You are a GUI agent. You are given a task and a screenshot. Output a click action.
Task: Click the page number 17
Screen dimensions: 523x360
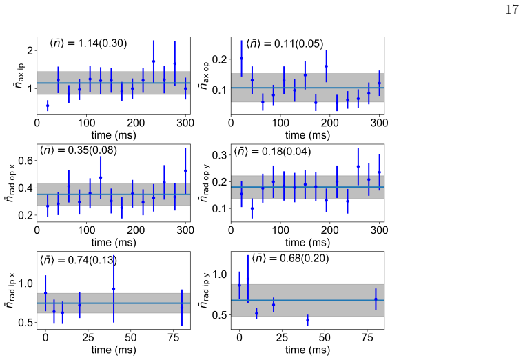[512, 10]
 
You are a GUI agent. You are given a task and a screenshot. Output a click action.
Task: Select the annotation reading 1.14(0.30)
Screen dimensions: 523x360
[103, 43]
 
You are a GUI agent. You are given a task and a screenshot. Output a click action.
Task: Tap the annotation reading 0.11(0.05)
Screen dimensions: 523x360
[298, 43]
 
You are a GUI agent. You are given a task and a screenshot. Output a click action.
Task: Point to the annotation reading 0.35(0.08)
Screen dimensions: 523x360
[92, 150]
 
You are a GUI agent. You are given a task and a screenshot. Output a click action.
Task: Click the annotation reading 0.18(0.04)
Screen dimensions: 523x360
[286, 152]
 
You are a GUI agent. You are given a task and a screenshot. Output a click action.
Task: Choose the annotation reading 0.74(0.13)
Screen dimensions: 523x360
[92, 260]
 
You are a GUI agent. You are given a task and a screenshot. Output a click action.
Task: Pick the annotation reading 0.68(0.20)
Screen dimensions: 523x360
[304, 258]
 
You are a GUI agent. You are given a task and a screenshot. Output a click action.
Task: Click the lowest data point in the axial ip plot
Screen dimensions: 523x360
[48, 106]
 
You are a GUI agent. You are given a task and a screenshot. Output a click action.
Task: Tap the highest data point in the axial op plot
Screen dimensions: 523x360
[241, 59]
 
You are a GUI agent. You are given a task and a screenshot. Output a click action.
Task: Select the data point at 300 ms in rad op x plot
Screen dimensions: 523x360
[185, 170]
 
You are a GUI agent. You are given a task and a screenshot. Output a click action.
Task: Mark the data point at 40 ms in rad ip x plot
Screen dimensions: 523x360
[114, 289]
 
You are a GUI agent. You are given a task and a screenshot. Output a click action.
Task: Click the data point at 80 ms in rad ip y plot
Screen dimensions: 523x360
[376, 299]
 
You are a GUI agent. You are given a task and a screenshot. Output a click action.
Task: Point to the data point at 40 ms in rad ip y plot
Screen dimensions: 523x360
[307, 320]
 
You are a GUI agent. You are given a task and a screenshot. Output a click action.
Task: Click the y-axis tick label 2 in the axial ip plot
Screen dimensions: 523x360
[30, 51]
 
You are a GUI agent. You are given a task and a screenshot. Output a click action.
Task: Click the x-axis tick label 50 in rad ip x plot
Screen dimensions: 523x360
[131, 337]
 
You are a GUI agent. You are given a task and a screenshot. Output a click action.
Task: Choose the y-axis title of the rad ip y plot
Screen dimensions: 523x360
[205, 290]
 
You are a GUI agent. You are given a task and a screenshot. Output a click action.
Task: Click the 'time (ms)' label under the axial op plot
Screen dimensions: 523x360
[307, 135]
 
